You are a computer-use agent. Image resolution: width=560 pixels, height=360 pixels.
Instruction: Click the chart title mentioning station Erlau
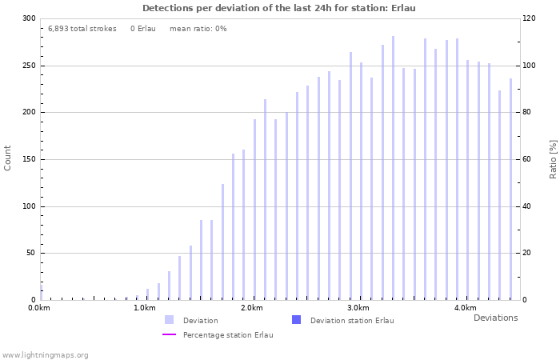click(x=279, y=8)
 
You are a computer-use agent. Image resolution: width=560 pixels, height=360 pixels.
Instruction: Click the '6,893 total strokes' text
click(x=82, y=28)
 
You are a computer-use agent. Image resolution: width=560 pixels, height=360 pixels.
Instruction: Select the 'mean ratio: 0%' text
click(x=198, y=28)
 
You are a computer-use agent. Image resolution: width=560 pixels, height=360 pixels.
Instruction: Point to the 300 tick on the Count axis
click(x=29, y=18)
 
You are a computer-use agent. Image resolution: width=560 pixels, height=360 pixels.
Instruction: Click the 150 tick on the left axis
click(x=29, y=159)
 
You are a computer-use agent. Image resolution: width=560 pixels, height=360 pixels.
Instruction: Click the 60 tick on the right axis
click(x=529, y=159)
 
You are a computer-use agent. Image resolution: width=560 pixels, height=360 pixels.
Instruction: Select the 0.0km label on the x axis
click(x=39, y=308)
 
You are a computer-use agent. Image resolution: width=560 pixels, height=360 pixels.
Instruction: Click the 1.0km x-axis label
click(x=145, y=308)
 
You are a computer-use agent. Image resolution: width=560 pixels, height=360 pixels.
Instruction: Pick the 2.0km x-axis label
click(x=252, y=308)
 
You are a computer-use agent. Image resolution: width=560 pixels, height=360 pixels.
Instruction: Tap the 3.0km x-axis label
click(x=358, y=308)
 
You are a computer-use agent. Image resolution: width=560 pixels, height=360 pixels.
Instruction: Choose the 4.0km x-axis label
click(x=465, y=308)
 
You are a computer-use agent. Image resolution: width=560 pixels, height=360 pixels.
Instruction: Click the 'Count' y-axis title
click(x=8, y=158)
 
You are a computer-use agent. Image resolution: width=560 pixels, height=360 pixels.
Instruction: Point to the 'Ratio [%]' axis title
click(x=553, y=158)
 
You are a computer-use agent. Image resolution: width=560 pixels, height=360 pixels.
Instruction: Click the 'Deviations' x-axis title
click(x=495, y=318)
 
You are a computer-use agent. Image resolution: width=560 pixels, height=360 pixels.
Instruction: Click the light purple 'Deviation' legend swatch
click(x=169, y=320)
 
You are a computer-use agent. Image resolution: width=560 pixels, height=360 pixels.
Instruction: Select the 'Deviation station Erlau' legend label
click(x=352, y=321)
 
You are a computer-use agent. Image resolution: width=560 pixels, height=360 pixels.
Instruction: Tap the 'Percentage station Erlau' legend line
click(x=169, y=335)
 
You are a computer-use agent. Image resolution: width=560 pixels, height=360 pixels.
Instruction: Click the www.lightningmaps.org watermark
click(x=46, y=355)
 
